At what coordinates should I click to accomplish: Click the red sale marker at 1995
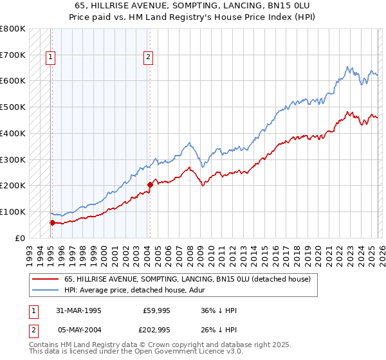52,222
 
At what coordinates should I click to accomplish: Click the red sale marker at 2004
150,184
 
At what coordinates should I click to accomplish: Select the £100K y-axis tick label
13,212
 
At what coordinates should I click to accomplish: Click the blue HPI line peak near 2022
347,67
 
